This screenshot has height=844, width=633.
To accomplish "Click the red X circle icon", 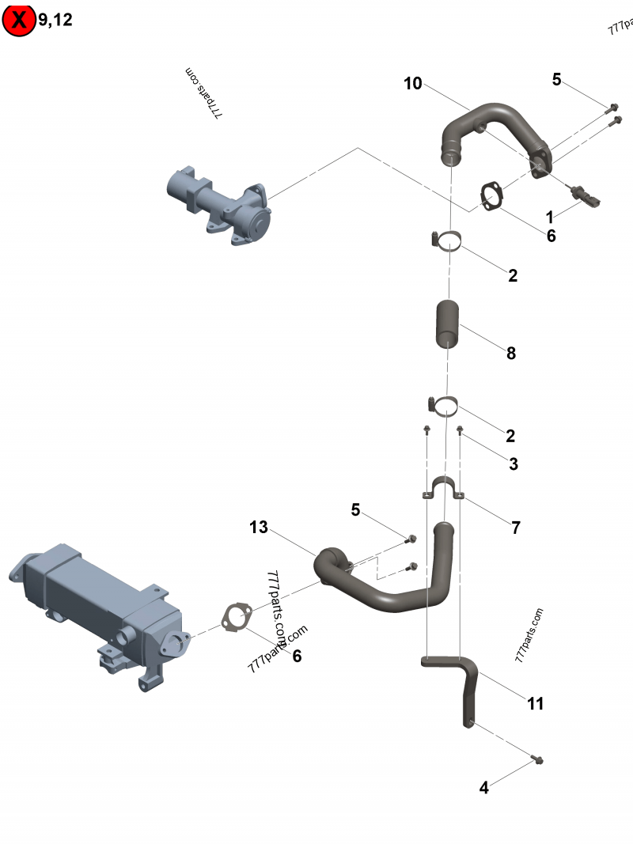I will click(19, 21).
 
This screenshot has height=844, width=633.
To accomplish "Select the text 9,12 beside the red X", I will click(55, 21).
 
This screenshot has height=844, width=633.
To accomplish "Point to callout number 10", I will click(413, 83).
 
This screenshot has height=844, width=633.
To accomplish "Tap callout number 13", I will click(259, 527).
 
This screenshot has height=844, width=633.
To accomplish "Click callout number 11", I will click(536, 703).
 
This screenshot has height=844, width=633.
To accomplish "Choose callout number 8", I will click(511, 354).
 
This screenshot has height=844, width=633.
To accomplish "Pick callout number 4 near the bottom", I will click(484, 787).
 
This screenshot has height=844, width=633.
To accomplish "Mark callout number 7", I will click(516, 528).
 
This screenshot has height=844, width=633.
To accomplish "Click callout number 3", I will click(514, 464).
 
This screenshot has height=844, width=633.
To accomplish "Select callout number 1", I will click(549, 215).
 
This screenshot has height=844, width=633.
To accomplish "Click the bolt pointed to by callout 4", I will click(539, 760).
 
